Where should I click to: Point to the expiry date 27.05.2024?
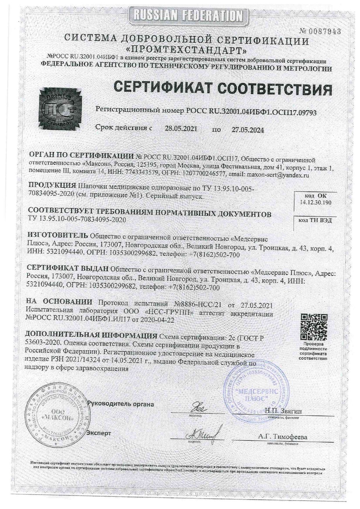[248, 130]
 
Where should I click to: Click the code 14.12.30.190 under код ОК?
[316, 203]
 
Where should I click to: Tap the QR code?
[314, 327]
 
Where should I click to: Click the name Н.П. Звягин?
[283, 411]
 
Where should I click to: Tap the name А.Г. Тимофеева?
[282, 437]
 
